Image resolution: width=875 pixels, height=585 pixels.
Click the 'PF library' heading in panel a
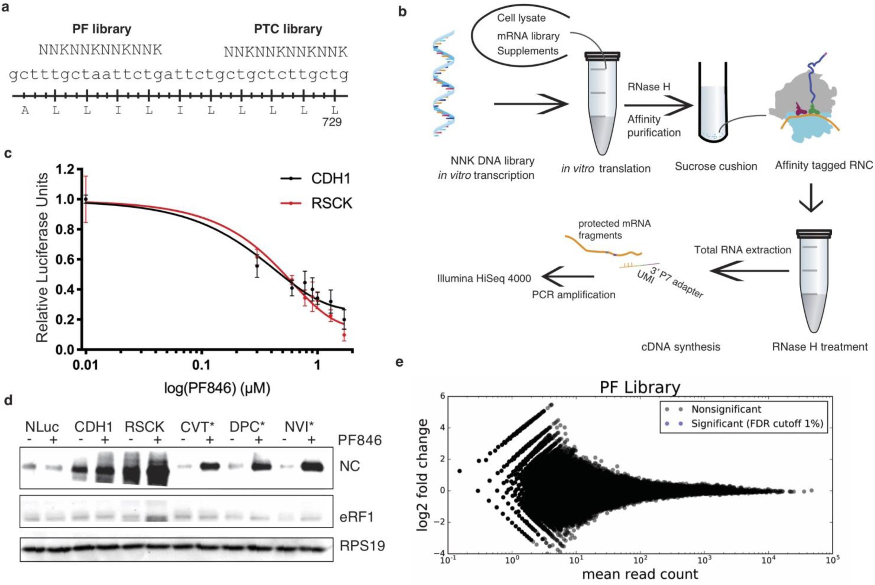[102, 29]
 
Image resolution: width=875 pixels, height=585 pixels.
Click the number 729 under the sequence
[331, 122]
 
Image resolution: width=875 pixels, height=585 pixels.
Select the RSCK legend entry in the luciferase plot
[331, 203]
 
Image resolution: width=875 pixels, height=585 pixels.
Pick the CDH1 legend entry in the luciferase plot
[330, 178]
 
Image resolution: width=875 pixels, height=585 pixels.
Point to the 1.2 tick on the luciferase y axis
[65, 170]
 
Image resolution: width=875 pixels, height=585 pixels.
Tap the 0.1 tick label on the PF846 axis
[201, 365]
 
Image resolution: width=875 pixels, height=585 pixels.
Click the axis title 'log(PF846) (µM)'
[217, 388]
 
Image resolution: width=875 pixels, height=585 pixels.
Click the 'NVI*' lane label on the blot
[299, 426]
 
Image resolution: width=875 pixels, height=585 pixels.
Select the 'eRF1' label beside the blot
[357, 517]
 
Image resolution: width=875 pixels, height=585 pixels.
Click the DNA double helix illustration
[444, 83]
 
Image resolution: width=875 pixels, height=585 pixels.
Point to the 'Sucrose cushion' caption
[716, 166]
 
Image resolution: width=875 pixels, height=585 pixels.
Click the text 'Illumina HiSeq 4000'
[484, 279]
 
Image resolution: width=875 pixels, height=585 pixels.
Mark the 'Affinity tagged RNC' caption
[824, 165]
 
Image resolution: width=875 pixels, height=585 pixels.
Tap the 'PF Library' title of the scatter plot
[640, 387]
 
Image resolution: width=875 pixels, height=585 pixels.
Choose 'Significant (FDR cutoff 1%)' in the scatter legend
[757, 424]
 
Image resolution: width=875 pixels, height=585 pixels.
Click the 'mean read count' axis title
[640, 574]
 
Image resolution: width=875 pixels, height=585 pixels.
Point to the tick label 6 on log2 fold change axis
[443, 396]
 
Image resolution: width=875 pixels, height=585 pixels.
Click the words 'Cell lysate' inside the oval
[521, 18]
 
